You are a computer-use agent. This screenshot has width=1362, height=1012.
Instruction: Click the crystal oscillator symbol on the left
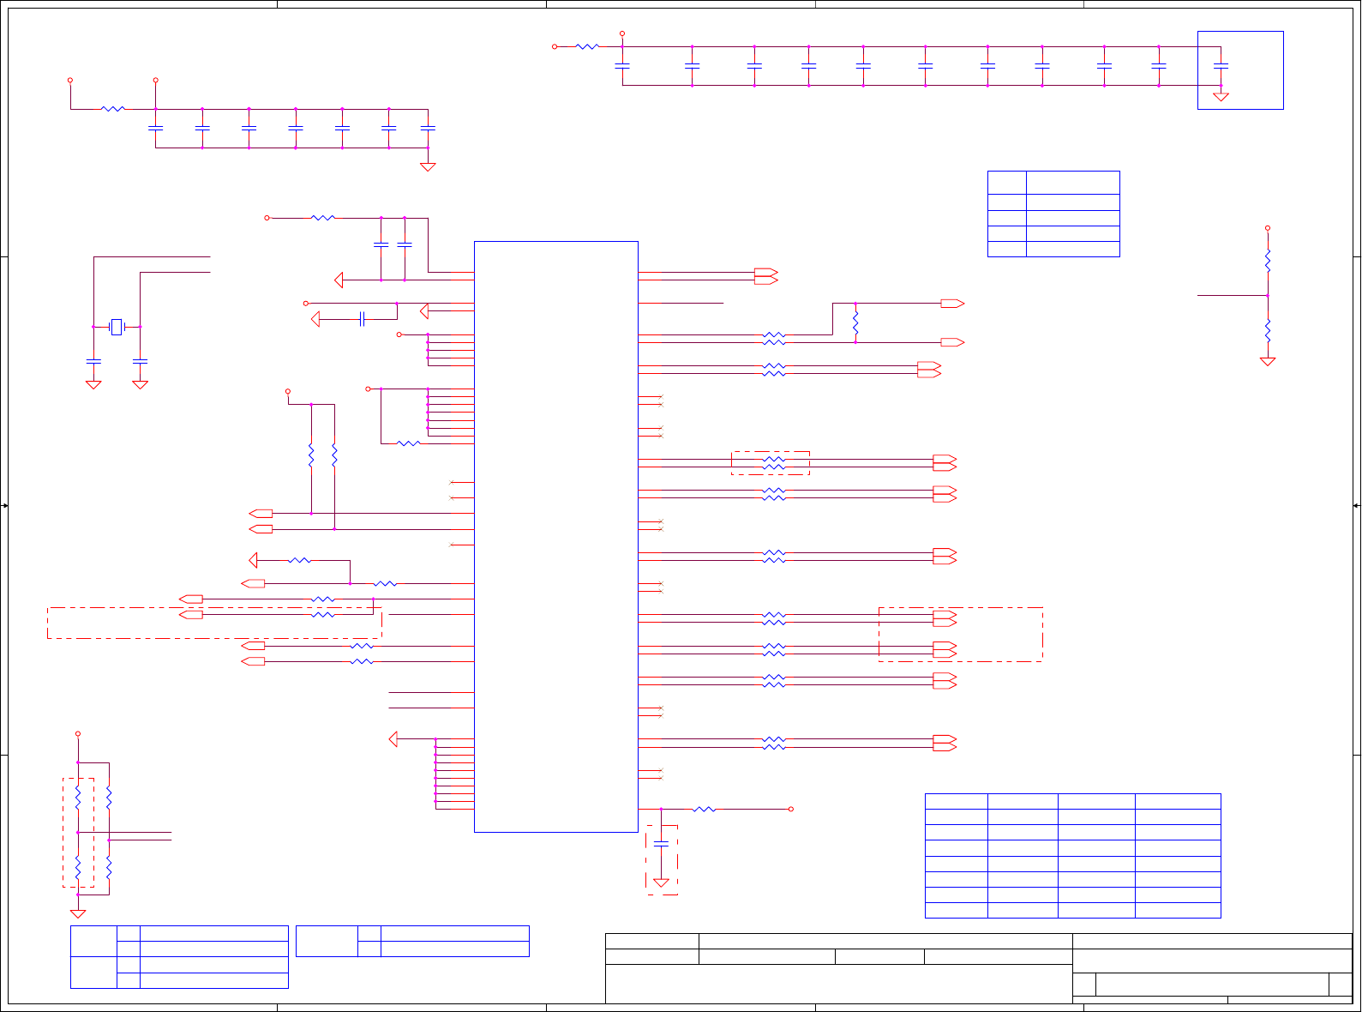(117, 327)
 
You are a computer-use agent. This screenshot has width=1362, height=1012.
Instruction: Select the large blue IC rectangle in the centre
(555, 536)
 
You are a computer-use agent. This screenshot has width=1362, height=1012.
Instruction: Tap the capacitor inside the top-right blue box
(1221, 65)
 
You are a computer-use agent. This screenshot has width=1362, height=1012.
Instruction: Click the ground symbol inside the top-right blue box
(1221, 97)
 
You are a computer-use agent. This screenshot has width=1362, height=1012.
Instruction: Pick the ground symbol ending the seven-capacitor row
(428, 166)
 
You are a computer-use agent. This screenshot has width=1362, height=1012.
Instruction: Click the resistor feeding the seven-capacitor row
(112, 109)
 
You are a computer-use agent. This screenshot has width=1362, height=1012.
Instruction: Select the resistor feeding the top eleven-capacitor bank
(587, 46)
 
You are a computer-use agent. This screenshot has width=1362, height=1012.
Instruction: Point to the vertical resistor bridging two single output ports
(855, 322)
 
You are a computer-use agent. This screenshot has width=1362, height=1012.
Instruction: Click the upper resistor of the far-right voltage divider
(1268, 260)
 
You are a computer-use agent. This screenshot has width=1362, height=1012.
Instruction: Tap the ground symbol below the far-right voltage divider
(1268, 361)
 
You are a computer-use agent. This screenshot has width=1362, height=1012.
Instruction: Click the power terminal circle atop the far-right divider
(1268, 228)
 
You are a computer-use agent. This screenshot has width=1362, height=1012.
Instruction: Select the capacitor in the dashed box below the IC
(661, 845)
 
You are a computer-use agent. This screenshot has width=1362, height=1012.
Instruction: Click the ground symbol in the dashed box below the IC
(661, 882)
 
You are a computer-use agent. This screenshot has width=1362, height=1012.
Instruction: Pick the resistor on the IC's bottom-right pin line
(705, 809)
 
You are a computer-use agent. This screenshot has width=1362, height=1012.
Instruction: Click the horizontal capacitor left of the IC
(363, 319)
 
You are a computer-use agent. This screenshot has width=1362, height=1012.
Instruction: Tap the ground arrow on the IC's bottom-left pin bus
(393, 738)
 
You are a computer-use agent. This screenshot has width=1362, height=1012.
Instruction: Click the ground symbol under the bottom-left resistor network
(78, 913)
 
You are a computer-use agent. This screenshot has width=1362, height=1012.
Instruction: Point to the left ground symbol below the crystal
(93, 384)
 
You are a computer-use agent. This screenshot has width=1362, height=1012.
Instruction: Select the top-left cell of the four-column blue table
(956, 801)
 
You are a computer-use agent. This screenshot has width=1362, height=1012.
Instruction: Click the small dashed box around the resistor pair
(770, 463)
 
